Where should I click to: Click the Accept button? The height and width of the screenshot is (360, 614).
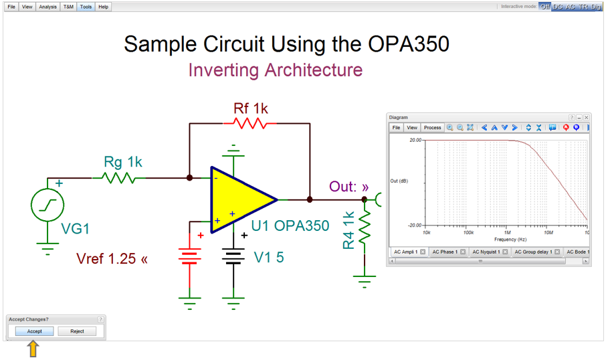(35, 331)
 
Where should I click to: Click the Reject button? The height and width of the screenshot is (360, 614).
(77, 331)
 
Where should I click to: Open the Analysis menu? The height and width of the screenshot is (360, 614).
(47, 7)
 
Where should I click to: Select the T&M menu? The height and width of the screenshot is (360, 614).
(68, 7)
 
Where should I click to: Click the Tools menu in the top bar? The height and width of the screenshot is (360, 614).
(86, 7)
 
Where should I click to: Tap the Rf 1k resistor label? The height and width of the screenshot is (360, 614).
(251, 108)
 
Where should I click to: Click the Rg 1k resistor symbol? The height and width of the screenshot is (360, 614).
(119, 178)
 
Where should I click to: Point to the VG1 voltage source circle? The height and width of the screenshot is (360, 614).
(48, 205)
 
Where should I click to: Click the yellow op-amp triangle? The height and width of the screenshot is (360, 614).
(241, 199)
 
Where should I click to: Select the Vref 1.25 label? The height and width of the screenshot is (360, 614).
(112, 258)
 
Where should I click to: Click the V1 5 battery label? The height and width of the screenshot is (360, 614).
(269, 257)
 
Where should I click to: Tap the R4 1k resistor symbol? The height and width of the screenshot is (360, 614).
(365, 228)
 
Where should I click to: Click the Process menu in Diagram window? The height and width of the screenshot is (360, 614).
(432, 128)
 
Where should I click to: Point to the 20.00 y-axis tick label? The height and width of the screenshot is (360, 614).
(415, 141)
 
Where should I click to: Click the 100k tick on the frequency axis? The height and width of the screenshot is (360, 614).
(467, 233)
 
